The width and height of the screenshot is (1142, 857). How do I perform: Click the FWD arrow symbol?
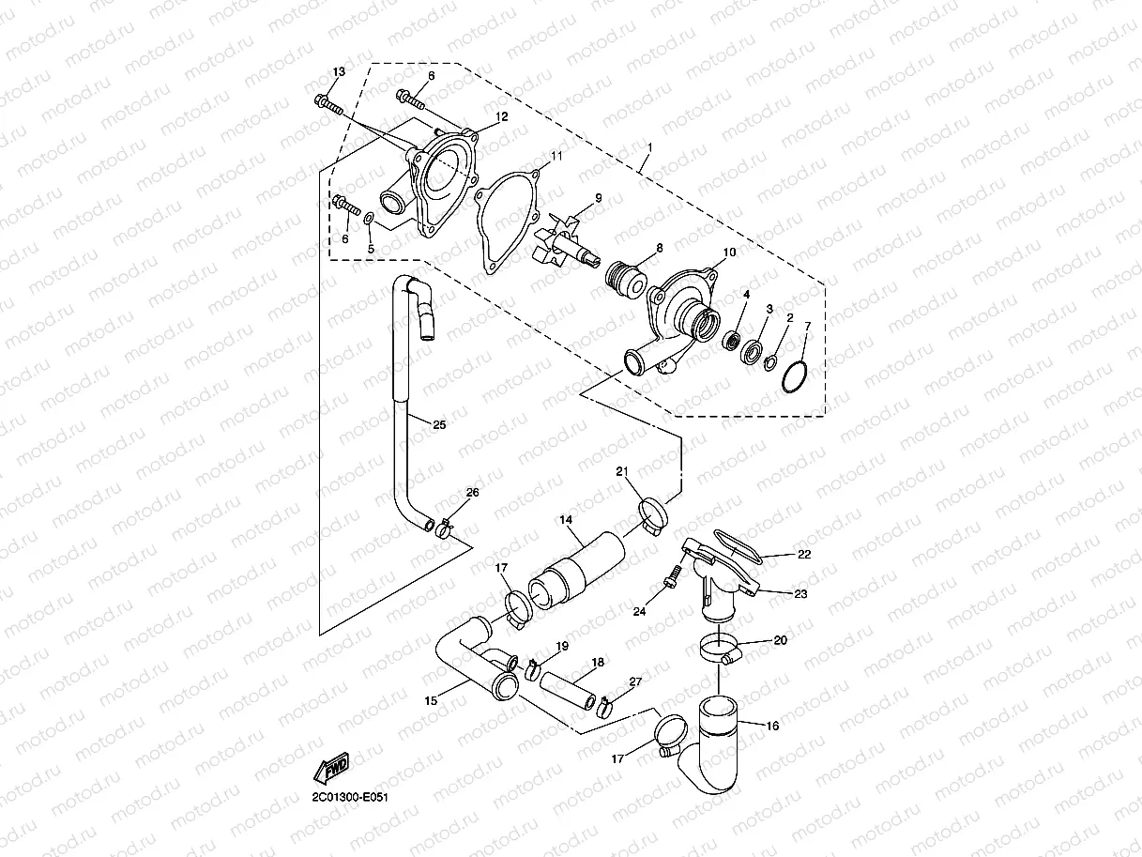tap(332, 768)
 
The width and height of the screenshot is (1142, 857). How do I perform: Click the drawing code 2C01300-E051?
tap(350, 797)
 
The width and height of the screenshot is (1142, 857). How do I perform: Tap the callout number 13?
tap(339, 72)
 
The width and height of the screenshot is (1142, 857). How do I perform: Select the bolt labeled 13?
tap(329, 100)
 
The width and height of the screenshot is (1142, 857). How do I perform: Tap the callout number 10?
tap(730, 253)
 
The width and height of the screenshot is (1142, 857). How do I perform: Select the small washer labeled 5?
tap(369, 220)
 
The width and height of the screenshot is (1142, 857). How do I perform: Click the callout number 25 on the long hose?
tap(439, 424)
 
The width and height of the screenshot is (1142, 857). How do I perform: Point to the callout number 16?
tap(772, 726)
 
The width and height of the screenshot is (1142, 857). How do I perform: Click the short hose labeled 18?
tap(569, 689)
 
